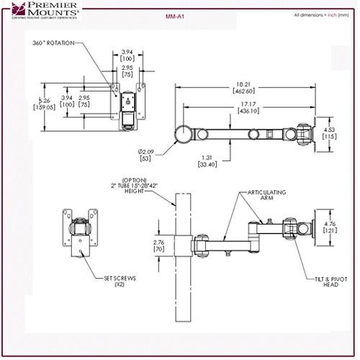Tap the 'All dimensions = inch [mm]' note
click(x=322, y=15)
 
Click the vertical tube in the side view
click(x=177, y=302)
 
